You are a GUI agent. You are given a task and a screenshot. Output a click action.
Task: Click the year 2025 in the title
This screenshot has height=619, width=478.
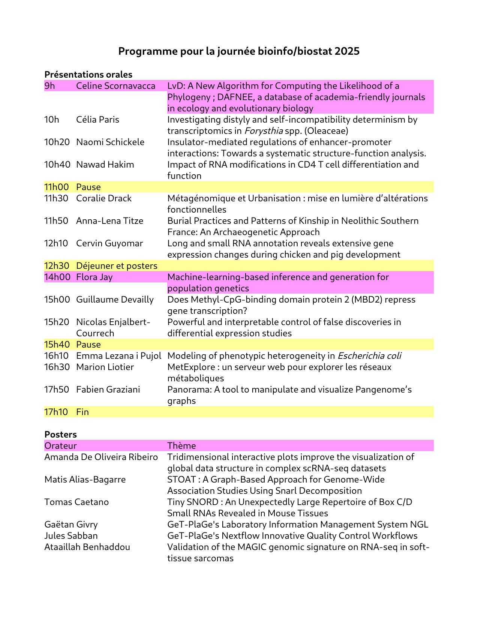[x=347, y=51]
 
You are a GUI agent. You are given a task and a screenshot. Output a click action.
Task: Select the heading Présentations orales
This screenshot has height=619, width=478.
[x=88, y=75]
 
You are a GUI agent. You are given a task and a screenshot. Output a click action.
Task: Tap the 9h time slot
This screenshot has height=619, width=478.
[x=49, y=86]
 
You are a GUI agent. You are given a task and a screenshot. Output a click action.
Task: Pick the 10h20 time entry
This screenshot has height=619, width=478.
[x=57, y=142]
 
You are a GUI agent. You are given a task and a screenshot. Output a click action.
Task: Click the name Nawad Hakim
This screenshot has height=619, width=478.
[x=105, y=165]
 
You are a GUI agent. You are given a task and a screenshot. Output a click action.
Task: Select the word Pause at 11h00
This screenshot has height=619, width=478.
[x=88, y=187]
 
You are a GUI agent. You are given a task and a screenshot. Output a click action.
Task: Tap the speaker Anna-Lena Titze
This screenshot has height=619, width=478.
[x=109, y=221]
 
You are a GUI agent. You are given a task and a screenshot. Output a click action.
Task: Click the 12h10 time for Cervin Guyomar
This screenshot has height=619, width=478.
[x=56, y=243]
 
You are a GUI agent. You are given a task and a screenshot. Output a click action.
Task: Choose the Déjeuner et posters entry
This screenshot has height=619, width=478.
[x=117, y=266]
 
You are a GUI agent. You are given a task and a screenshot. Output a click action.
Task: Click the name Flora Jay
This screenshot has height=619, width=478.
[x=94, y=277]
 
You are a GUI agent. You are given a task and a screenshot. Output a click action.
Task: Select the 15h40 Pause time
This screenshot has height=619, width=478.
[x=57, y=345]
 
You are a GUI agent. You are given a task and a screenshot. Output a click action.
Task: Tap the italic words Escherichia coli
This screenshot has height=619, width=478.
[x=369, y=356]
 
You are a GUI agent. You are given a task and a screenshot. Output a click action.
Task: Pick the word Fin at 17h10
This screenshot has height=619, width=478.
[x=82, y=412]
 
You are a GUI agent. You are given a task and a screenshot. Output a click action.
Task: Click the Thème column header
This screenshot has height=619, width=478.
[x=181, y=446]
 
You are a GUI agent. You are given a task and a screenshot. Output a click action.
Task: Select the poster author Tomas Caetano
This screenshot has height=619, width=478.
[x=76, y=502]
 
